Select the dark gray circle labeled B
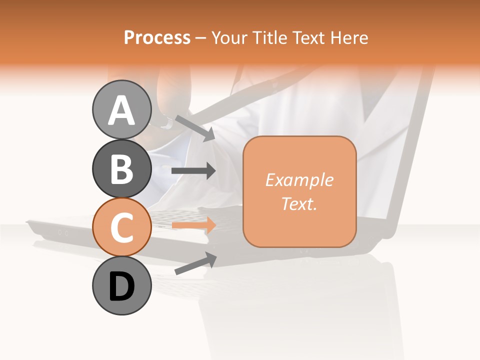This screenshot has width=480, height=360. tap(121, 168)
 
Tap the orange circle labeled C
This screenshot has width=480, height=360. tap(121, 227)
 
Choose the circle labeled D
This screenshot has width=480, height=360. tap(121, 286)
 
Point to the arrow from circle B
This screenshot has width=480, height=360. tap(193, 171)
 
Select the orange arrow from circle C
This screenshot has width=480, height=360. tap(193, 225)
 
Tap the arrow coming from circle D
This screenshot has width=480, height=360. tap(195, 263)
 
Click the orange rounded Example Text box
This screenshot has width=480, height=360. tap(299, 191)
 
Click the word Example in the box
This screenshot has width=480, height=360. tap(299, 180)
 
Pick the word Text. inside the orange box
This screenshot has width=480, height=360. tap(299, 203)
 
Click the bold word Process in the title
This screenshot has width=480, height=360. tap(157, 37)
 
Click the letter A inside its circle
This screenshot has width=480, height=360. tap(121, 110)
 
